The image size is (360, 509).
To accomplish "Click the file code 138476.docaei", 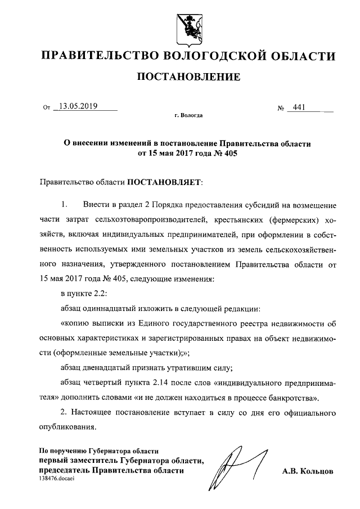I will coord(57,478).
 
